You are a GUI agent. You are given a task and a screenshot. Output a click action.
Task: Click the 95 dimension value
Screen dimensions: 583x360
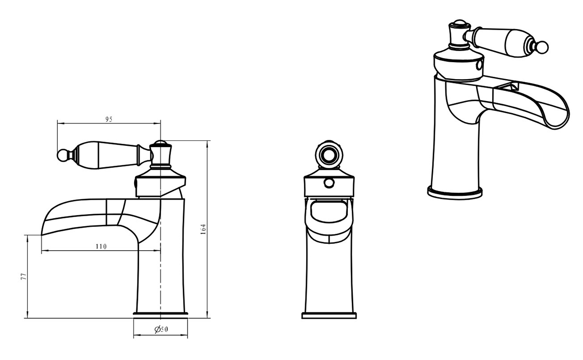point(109,119)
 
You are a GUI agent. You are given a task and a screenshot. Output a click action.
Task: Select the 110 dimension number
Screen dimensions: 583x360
point(101,246)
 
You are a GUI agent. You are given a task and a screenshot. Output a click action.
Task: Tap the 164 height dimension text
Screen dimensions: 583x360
point(203,229)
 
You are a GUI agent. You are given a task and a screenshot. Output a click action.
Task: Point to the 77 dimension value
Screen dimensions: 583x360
point(23,276)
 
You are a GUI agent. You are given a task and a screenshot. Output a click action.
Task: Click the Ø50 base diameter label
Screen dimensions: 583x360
point(161,329)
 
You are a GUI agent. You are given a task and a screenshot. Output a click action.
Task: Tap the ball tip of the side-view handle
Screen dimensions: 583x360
point(62,155)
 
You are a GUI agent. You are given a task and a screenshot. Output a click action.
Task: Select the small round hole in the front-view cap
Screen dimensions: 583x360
point(329,183)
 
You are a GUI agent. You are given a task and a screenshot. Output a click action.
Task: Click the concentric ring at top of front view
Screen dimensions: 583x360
point(329,155)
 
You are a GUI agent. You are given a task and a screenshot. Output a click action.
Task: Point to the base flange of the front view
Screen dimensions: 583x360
point(329,315)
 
